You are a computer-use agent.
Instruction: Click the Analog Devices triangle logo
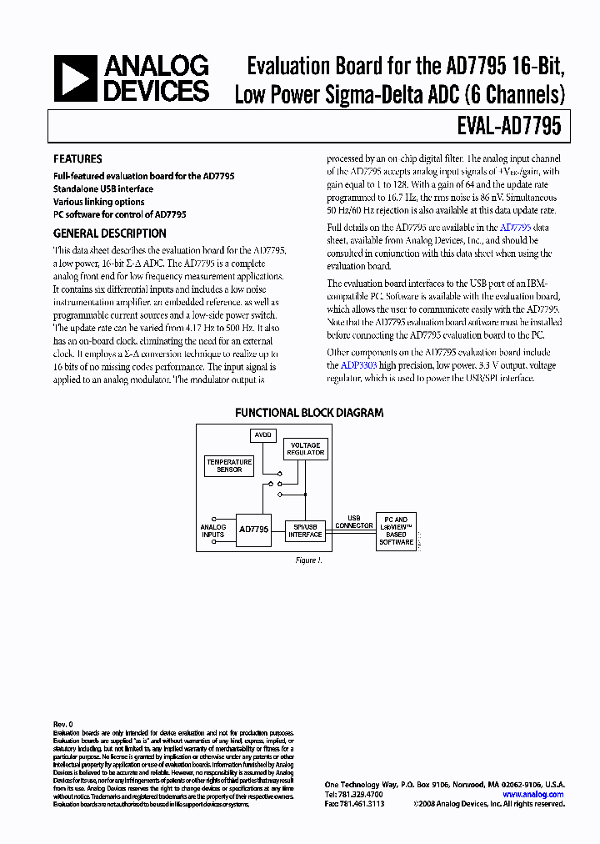coord(74,79)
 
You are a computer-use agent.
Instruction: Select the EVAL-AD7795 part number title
coord(508,127)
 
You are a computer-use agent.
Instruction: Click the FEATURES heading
coord(77,158)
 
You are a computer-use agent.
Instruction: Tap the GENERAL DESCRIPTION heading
coord(110,234)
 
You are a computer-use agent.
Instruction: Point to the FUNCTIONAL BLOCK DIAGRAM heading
coord(309,413)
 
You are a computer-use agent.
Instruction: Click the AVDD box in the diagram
coord(262,435)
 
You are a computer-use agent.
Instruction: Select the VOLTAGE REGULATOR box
coord(305,449)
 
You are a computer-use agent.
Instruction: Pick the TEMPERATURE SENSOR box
coord(229,465)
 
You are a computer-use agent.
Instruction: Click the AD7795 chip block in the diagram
coord(253,529)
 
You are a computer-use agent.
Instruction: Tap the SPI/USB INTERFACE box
coord(305,530)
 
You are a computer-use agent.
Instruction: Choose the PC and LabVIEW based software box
coord(396,531)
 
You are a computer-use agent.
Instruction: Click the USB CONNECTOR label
coord(354,522)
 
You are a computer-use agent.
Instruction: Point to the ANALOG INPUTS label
coord(213,530)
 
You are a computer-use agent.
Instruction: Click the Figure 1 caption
coord(307,560)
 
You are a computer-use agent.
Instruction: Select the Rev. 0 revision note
coord(63,724)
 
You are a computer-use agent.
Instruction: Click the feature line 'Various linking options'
coord(98,202)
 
